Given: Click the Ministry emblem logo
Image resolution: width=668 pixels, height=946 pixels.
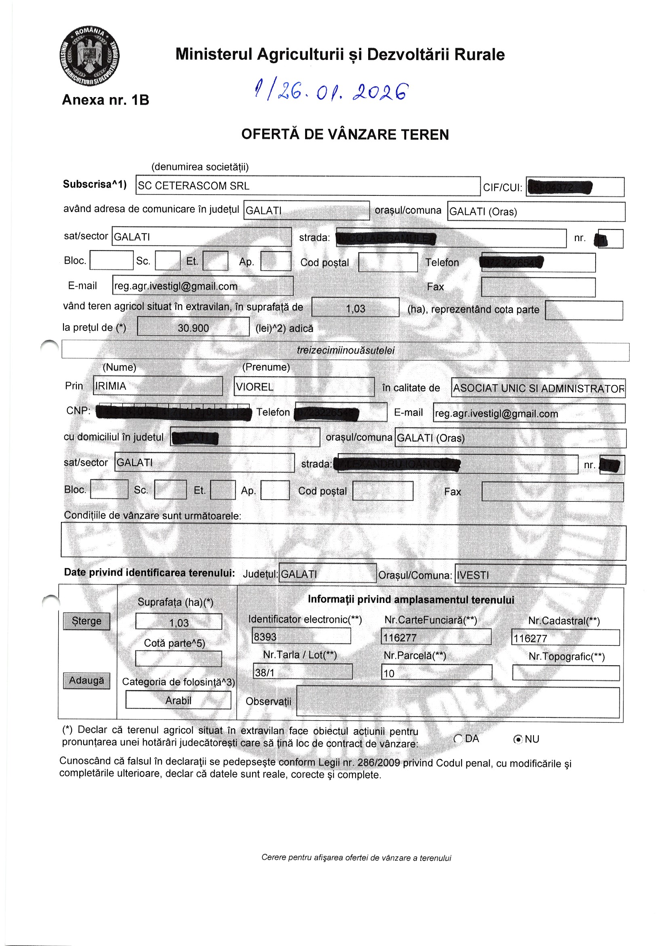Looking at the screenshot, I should [x=89, y=56].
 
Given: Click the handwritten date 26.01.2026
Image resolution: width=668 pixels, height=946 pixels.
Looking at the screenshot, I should [x=332, y=91].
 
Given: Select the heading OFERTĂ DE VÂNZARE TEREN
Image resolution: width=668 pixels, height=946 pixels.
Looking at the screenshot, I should [x=345, y=135].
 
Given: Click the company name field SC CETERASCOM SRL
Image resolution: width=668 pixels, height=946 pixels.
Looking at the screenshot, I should [x=308, y=186].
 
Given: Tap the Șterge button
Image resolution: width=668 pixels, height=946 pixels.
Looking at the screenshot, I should [x=86, y=621].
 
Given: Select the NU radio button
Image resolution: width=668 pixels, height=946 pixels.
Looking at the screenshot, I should [x=518, y=739].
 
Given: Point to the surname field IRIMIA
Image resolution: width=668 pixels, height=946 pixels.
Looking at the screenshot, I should [x=158, y=386].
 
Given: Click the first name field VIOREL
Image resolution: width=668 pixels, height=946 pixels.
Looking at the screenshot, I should [x=304, y=387].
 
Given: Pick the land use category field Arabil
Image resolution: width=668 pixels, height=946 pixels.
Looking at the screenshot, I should [x=178, y=700].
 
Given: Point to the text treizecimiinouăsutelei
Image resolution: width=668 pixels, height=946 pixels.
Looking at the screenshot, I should [x=346, y=351].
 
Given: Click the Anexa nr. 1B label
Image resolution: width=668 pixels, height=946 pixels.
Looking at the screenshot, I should [x=105, y=100].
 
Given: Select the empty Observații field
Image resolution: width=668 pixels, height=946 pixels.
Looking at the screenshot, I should [x=458, y=702].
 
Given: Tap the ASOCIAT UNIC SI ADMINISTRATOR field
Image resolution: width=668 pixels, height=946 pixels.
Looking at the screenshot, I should [x=538, y=388].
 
